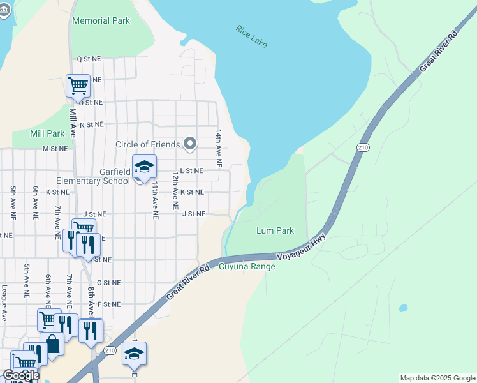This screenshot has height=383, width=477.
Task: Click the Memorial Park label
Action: [101, 20]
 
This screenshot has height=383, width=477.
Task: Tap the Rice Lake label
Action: [251, 36]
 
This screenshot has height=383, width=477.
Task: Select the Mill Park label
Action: [47, 133]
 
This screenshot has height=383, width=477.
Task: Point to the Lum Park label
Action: [275, 230]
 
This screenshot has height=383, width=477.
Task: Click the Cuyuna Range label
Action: [247, 266]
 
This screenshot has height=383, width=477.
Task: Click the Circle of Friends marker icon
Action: [189, 144]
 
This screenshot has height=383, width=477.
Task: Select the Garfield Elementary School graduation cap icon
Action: [144, 167]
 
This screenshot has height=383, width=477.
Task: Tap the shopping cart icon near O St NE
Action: [78, 85]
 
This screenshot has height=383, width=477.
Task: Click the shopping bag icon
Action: [52, 345]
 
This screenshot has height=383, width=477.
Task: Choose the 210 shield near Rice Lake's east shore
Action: [363, 147]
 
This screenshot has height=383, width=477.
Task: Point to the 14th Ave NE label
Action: [218, 148]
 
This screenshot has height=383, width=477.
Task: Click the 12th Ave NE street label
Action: [175, 190]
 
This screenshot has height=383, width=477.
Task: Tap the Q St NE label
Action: [89, 58]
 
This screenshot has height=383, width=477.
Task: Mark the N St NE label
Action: [91, 124]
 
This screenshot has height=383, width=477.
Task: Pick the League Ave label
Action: [4, 303]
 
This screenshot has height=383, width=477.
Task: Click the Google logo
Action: [21, 376]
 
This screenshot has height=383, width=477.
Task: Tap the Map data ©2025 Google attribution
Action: [436, 378]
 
